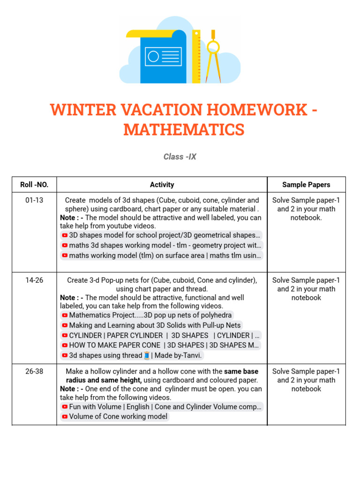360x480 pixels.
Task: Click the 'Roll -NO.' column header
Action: (x=34, y=185)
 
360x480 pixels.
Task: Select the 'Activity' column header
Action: (x=162, y=185)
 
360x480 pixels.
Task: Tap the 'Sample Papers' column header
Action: (x=306, y=185)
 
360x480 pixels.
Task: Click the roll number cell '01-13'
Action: (x=34, y=200)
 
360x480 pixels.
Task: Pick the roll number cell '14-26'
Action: (x=34, y=280)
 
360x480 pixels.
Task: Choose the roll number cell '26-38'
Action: (x=34, y=371)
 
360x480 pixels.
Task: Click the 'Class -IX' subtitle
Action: (x=180, y=157)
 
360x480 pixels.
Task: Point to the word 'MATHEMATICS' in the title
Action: (x=184, y=130)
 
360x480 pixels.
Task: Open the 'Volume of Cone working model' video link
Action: (x=118, y=416)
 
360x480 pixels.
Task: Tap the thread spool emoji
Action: (x=147, y=356)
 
